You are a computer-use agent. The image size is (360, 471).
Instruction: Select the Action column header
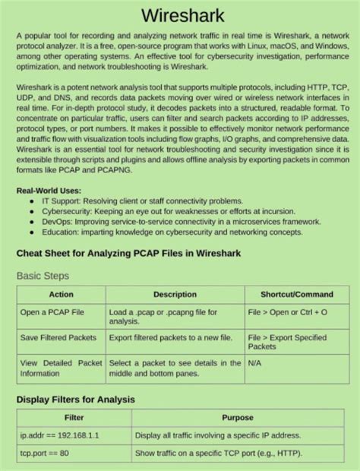(61, 294)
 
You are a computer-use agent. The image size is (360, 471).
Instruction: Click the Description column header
(175, 294)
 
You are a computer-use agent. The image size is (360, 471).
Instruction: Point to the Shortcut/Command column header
(296, 294)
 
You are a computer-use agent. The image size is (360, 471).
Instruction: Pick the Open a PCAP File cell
(52, 311)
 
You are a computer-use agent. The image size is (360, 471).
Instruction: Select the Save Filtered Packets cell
(58, 337)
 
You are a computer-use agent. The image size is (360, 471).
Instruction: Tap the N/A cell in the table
(255, 363)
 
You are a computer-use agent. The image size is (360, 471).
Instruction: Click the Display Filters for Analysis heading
(75, 399)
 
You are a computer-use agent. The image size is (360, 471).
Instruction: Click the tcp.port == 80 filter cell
(44, 454)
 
